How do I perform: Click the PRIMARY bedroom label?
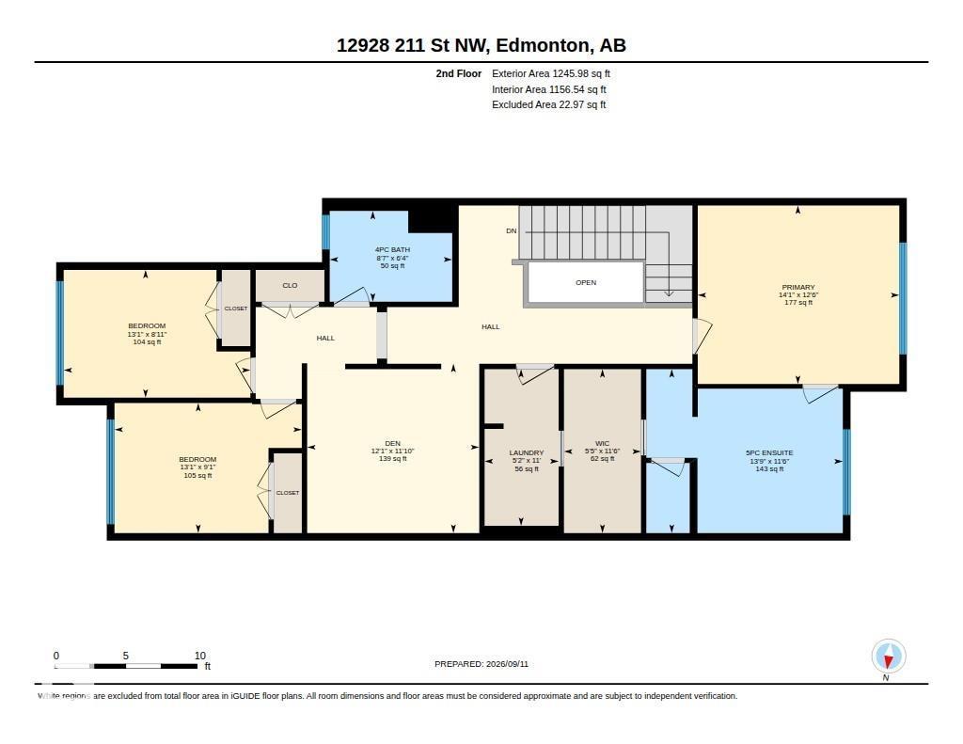coord(798,287)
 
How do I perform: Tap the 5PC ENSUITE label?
coord(769,452)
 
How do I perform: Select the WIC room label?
coord(603,443)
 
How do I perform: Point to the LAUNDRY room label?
coord(527,452)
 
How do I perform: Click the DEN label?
coord(392,443)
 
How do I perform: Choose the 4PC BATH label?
coord(392,249)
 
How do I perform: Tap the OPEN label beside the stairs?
coord(586,282)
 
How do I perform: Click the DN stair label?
coord(511,231)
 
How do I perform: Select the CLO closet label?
coord(290,286)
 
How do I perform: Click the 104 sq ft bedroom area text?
coord(147,341)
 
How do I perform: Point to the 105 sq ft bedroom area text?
coord(197,475)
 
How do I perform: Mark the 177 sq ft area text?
coord(798,302)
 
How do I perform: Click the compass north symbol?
coord(888,657)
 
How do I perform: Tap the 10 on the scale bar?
coord(200,656)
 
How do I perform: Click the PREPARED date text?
coord(481,663)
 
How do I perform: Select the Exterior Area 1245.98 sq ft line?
coord(551,73)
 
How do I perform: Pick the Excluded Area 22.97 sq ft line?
coord(549,104)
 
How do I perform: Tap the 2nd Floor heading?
coord(459,73)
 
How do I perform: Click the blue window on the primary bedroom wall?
coord(903,298)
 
